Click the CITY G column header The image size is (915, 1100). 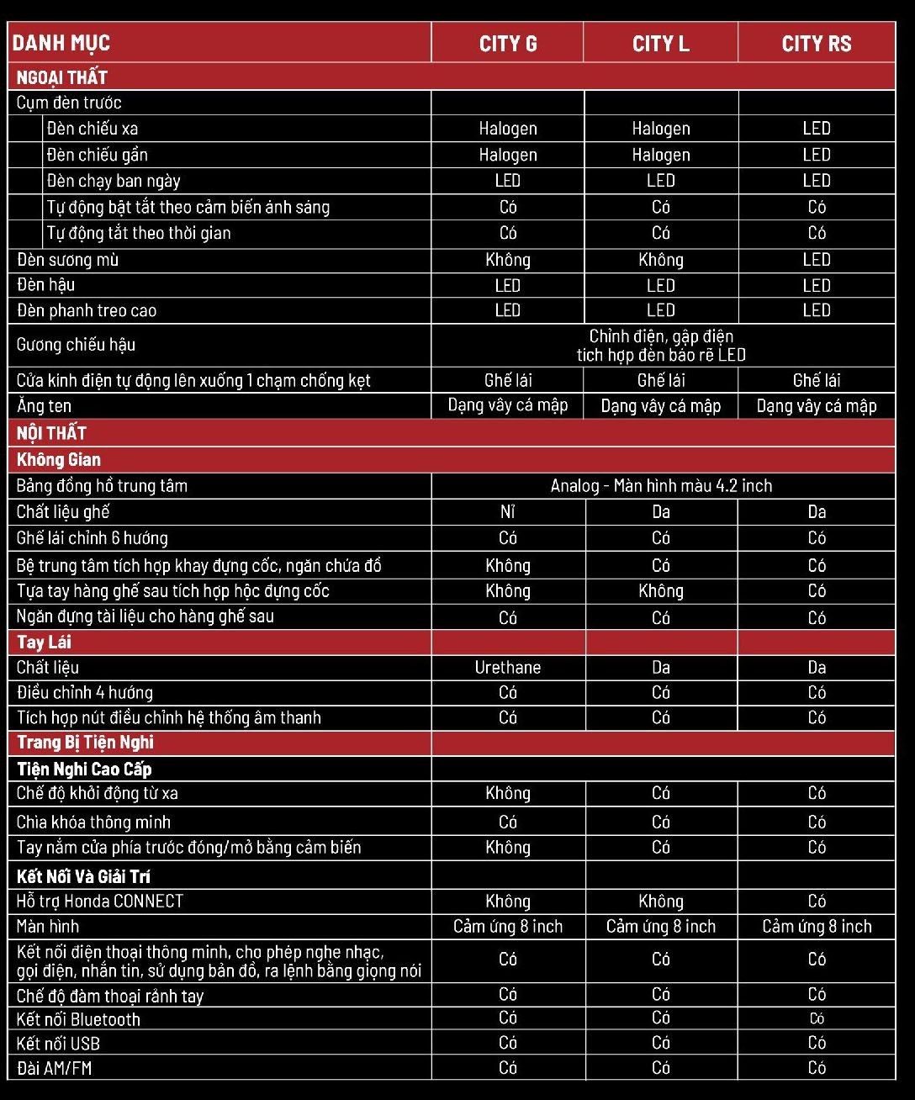pos(508,44)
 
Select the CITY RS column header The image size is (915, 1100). pos(817,44)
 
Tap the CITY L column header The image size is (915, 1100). pos(661,44)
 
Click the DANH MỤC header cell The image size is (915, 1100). pos(61,43)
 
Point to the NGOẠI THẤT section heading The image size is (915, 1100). pos(62,77)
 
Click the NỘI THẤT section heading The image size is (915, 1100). pos(52,433)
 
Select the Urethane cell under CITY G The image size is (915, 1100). pos(508,668)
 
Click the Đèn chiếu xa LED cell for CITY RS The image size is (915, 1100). pos(817,129)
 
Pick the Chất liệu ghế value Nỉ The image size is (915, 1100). pos(508,512)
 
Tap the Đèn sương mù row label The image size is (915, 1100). pos(68,260)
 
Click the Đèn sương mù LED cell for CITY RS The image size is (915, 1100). pos(817,260)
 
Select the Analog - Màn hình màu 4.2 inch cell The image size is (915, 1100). pos(661,486)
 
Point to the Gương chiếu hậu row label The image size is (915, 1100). pos(77,345)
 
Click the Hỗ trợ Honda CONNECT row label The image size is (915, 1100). pos(100,902)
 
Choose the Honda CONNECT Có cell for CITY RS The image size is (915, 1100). pos(817,902)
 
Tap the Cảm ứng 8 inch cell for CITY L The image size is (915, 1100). pos(661,927)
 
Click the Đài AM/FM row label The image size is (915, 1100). pos(55,1069)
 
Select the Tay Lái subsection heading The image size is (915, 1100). pos(45,643)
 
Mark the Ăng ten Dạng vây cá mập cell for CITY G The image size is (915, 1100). pos(508,406)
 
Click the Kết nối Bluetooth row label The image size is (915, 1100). pos(79,1020)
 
